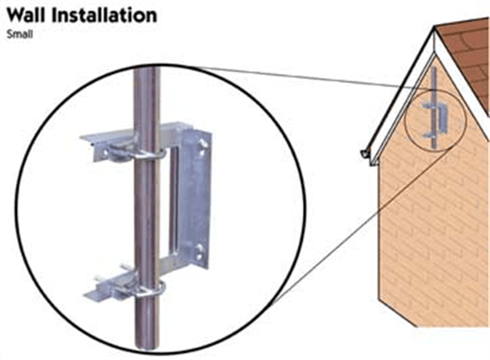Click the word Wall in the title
pyautogui.click(x=26, y=15)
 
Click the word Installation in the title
pyautogui.click(x=104, y=15)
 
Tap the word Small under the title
pyautogui.click(x=20, y=34)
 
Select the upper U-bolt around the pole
pyautogui.click(x=147, y=155)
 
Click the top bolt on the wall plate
pyautogui.click(x=203, y=143)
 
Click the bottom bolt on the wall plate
pyautogui.click(x=200, y=249)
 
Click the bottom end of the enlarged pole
pyautogui.click(x=147, y=347)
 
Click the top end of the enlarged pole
pyautogui.click(x=147, y=70)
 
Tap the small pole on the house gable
pyautogui.click(x=434, y=107)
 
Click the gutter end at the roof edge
pyautogui.click(x=364, y=154)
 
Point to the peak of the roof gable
pyautogui.click(x=435, y=28)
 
